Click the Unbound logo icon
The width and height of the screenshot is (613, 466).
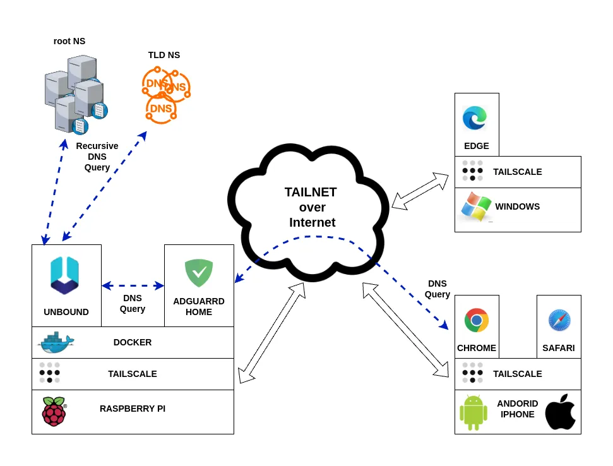pyautogui.click(x=65, y=275)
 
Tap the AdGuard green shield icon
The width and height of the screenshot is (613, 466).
pyautogui.click(x=199, y=273)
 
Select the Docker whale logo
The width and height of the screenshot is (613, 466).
pyautogui.click(x=56, y=342)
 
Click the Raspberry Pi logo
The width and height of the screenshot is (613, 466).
pyautogui.click(x=54, y=411)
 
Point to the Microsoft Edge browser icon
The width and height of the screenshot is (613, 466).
pyautogui.click(x=475, y=118)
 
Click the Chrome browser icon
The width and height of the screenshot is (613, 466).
pyautogui.click(x=477, y=320)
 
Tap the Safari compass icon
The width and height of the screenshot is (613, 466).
pyautogui.click(x=559, y=320)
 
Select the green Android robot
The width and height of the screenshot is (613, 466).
pyautogui.click(x=473, y=412)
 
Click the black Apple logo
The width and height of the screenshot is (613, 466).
pyautogui.click(x=560, y=412)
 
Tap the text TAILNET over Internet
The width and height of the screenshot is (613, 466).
pyautogui.click(x=311, y=207)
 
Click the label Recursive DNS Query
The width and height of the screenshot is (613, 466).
pyautogui.click(x=97, y=157)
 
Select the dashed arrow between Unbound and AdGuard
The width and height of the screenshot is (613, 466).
pyautogui.click(x=133, y=285)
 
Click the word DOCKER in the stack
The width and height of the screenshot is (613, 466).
pyautogui.click(x=133, y=342)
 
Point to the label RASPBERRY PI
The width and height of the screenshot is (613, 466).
pyautogui.click(x=133, y=409)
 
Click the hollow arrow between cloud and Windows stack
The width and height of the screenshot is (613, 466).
pyautogui.click(x=420, y=191)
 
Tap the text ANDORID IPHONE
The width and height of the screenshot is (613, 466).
pyautogui.click(x=518, y=409)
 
